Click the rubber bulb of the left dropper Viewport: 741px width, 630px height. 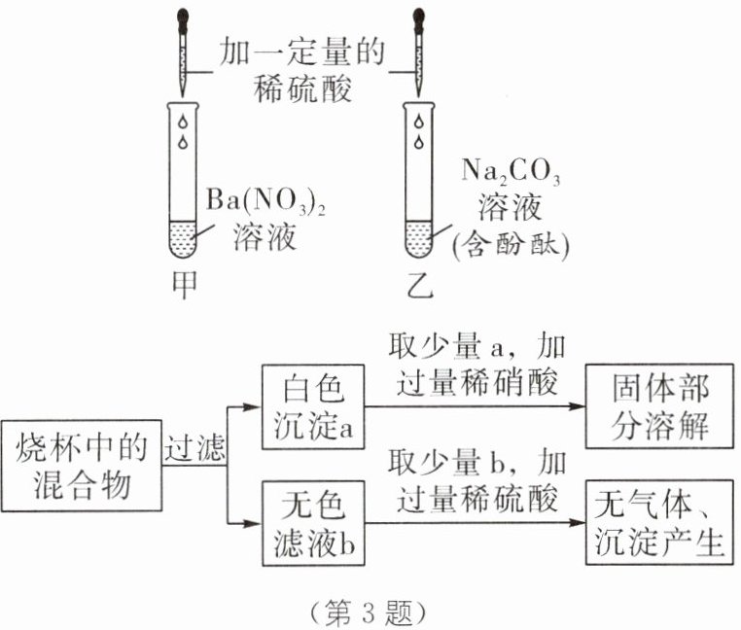(182, 17)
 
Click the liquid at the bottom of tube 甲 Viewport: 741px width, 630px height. (182, 236)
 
